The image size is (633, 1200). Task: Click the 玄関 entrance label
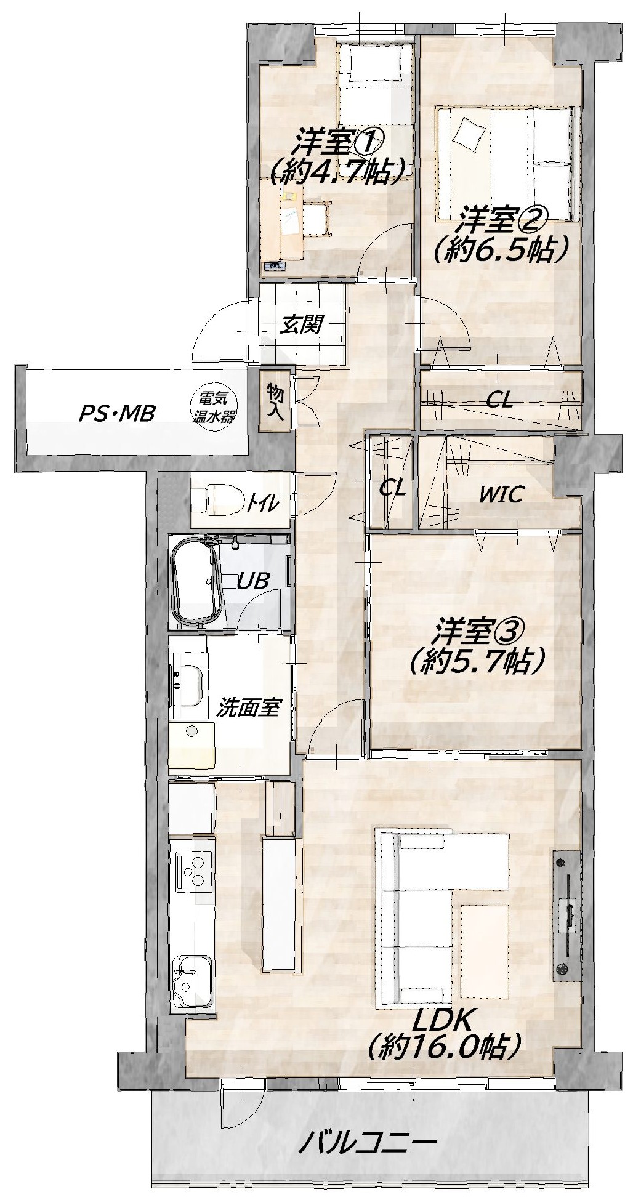301,324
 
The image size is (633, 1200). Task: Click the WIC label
501,493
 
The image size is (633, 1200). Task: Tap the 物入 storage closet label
275,401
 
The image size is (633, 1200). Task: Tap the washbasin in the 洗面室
187,687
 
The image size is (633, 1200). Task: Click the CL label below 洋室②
499,401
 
